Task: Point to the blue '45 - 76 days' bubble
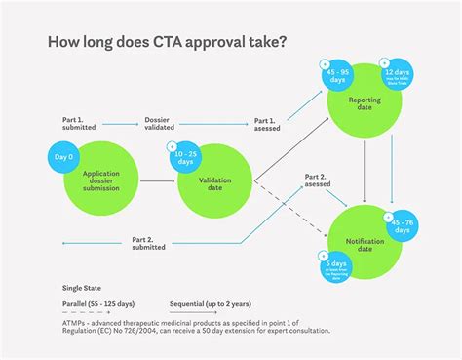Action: [400, 227]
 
